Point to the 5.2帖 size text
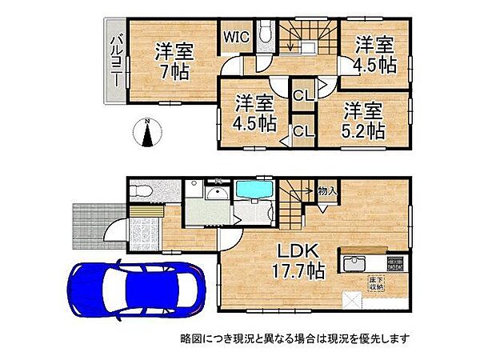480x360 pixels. pos(365,118)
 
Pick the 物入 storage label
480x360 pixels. pos(326,191)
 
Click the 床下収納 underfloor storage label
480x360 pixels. pos(376,282)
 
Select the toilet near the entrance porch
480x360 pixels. pos(142,193)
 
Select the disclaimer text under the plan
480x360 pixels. pos(294,339)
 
